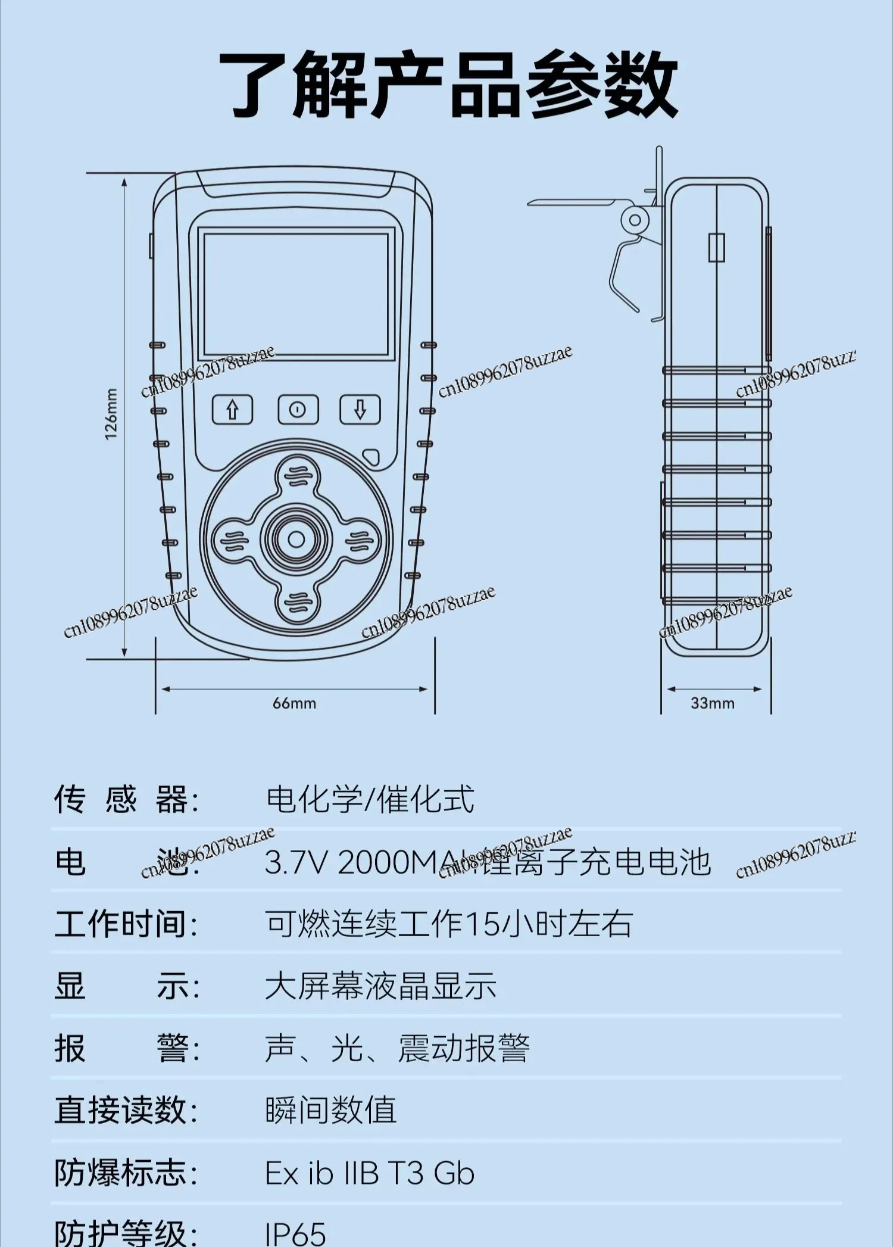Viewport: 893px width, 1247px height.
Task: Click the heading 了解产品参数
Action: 448,85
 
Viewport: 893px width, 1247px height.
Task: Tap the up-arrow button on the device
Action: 232,410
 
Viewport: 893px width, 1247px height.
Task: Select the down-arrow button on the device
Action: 360,410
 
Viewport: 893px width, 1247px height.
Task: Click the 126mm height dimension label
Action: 111,414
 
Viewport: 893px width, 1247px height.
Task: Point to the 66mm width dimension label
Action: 294,703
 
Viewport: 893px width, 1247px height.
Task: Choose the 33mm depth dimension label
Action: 712,703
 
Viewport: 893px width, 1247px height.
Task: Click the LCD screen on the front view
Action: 296,295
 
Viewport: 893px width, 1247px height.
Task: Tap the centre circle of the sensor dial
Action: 296,539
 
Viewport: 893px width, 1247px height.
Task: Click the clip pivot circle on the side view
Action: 635,220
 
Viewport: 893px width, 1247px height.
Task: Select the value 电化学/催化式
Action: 370,799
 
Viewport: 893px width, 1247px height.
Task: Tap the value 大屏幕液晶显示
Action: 380,986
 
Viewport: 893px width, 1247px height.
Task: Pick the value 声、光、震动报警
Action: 397,1049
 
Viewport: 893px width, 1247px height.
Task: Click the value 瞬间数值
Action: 330,1111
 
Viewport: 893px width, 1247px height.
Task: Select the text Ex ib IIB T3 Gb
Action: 370,1173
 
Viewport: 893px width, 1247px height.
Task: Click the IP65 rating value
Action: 295,1233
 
